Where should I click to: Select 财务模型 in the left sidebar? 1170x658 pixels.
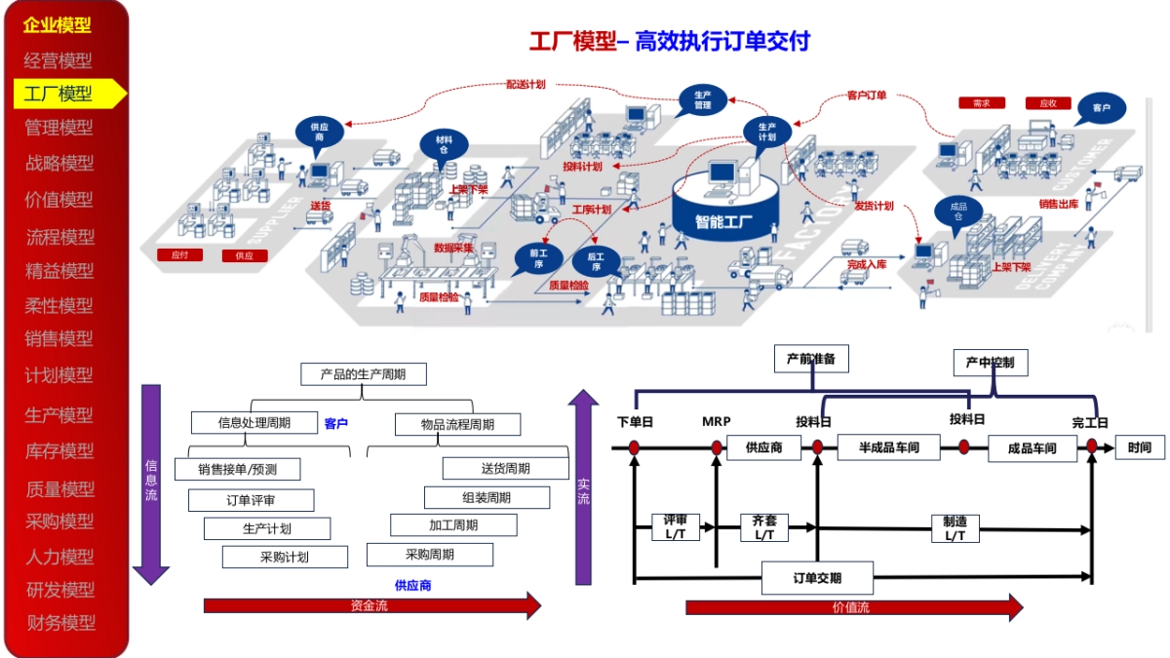[60, 622]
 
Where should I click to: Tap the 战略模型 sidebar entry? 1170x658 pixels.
[60, 163]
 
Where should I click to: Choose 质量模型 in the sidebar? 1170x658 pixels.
[60, 487]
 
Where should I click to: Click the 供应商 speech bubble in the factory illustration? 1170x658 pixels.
[319, 133]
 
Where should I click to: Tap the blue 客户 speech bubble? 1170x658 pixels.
[1101, 107]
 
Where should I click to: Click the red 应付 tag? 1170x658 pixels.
[179, 255]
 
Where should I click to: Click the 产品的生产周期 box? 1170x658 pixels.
[363, 374]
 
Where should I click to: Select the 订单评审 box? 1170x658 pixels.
[251, 500]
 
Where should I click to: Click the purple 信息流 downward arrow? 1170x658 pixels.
[151, 483]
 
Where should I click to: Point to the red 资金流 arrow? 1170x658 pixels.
[370, 605]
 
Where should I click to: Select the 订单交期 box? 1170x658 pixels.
[817, 578]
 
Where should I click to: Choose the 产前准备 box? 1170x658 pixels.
[811, 359]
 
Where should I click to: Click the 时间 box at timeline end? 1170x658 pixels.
[1139, 447]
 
